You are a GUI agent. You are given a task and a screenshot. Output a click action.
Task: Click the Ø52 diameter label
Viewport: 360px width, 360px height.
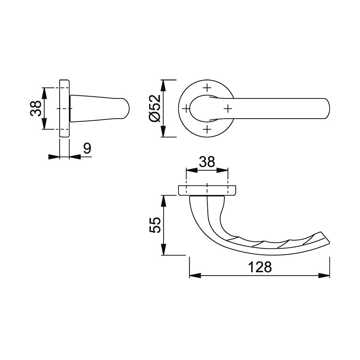(x=155, y=108)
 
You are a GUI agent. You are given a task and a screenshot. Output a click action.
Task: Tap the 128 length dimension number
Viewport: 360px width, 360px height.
(x=260, y=267)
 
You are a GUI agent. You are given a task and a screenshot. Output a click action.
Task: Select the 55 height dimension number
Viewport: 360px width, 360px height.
(x=155, y=225)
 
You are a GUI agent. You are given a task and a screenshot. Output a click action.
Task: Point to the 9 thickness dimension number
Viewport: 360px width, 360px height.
(x=87, y=148)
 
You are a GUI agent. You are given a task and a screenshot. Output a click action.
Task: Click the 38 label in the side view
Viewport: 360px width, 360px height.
(x=36, y=108)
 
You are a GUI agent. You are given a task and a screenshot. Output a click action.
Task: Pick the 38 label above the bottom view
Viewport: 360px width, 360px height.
(x=207, y=162)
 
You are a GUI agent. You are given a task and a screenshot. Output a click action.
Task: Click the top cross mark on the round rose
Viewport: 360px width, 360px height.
(x=207, y=87)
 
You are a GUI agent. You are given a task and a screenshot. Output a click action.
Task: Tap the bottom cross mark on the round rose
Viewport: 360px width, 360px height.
(x=207, y=129)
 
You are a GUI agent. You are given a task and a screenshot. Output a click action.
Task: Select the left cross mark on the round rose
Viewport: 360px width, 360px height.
(x=186, y=108)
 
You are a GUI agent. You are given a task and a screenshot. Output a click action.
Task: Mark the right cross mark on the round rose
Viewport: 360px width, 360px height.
(x=228, y=108)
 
